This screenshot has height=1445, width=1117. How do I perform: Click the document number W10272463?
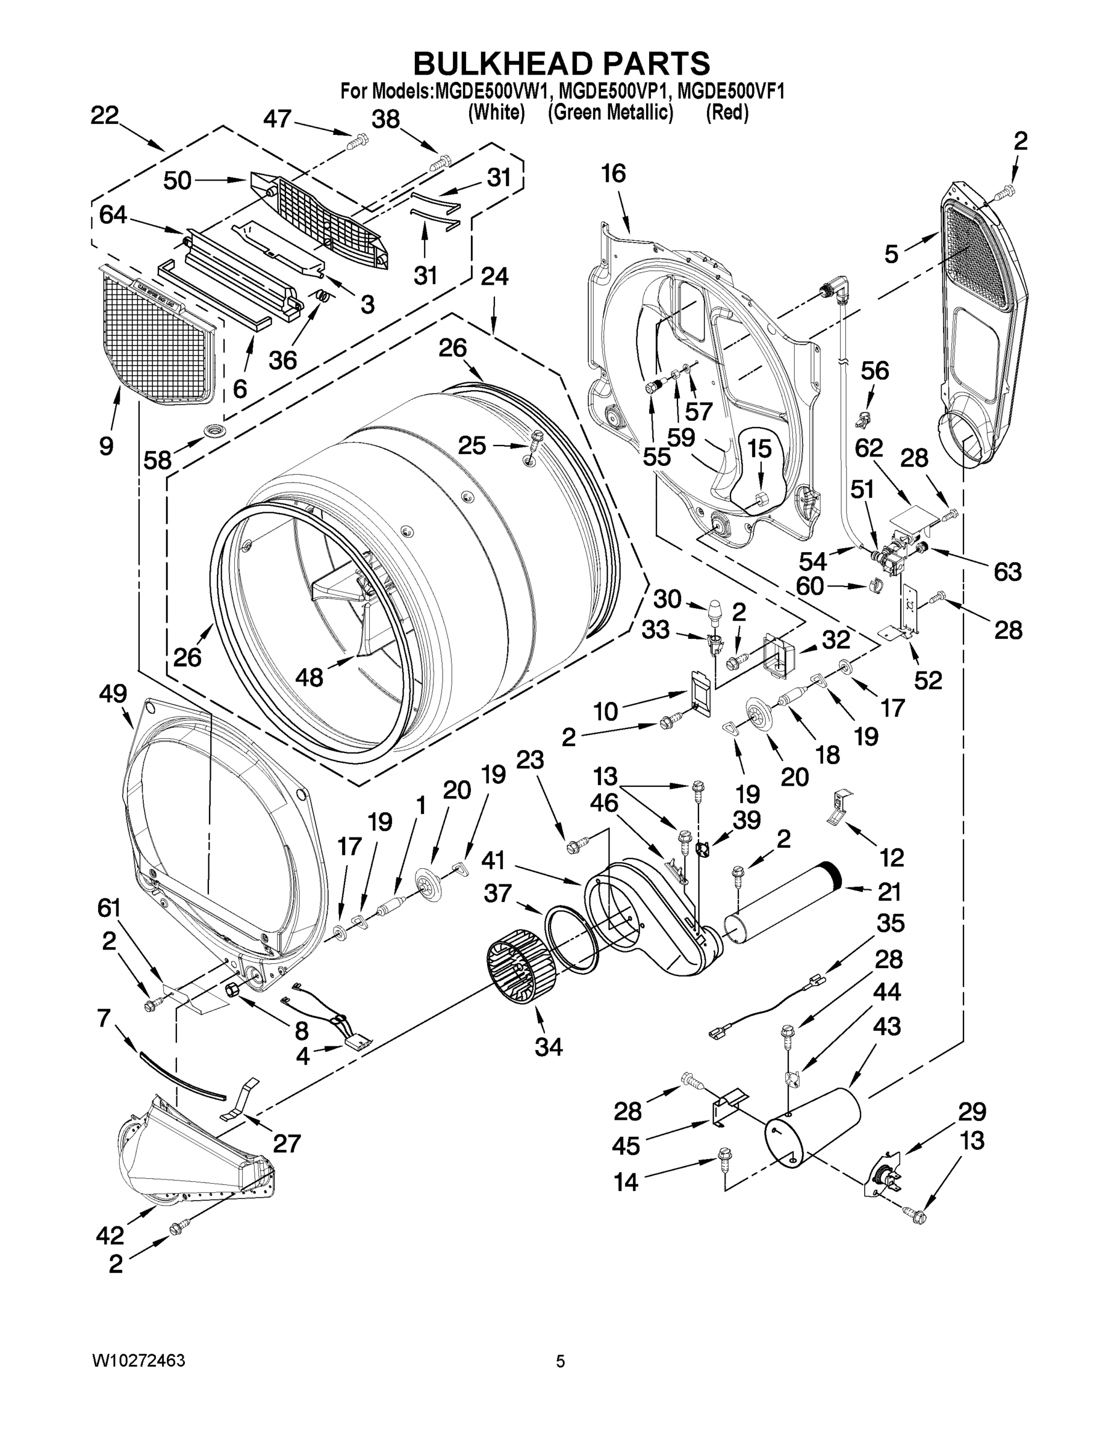click(138, 1361)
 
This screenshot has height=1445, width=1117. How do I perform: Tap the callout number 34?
click(549, 1046)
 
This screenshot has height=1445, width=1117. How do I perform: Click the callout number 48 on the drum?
click(309, 677)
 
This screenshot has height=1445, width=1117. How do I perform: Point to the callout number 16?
click(613, 174)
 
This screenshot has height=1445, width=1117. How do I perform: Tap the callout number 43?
click(887, 1026)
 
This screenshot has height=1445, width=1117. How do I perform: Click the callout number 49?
click(113, 694)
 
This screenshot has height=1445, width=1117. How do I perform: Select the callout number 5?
click(891, 253)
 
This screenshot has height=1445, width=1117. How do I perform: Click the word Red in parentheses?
click(727, 113)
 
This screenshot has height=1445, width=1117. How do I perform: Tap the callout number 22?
click(104, 116)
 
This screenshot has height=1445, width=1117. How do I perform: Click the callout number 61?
click(109, 909)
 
